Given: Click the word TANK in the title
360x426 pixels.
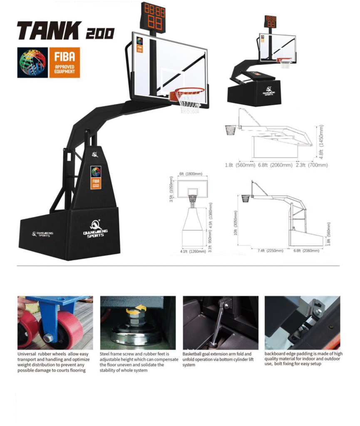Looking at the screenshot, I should (x=49, y=31).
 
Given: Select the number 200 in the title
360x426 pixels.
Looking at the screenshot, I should (x=100, y=33).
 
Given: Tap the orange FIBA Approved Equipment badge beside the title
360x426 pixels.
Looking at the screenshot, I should (x=65, y=63).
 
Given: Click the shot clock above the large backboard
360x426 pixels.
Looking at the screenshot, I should (x=154, y=17).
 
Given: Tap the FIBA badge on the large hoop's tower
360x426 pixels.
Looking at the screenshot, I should (x=96, y=177).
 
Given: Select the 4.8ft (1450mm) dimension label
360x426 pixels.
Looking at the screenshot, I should (x=321, y=142).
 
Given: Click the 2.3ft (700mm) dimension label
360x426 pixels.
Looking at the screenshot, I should (x=313, y=165).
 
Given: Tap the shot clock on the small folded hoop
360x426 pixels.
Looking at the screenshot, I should (x=271, y=21).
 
